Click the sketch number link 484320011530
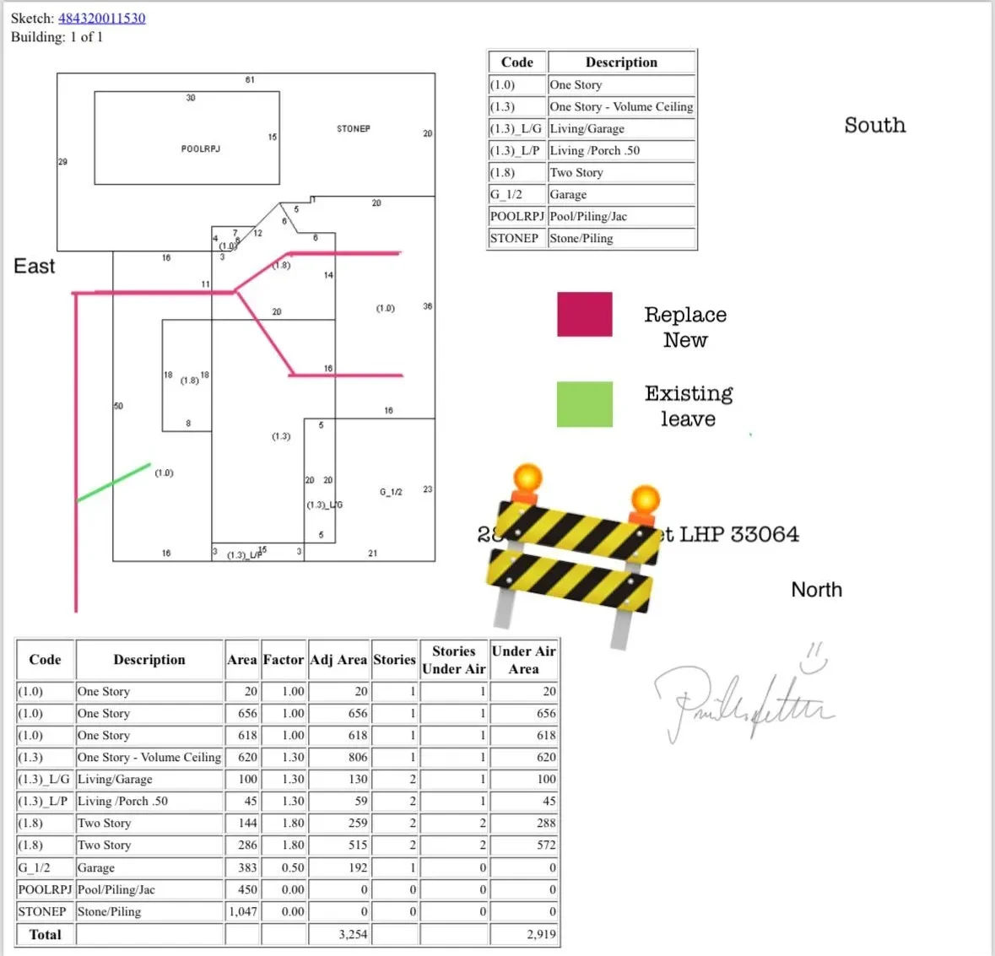(x=101, y=18)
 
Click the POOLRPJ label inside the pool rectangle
(x=200, y=149)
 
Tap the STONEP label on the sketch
(x=353, y=129)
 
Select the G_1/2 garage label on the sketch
(x=391, y=491)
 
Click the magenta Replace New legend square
(x=584, y=315)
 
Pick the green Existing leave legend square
(x=584, y=404)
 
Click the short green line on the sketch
(x=114, y=483)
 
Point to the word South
(x=874, y=126)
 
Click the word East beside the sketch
(x=34, y=267)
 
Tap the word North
(x=816, y=590)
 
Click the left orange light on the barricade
(x=527, y=478)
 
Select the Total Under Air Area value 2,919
(x=541, y=934)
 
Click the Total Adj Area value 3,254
(x=353, y=934)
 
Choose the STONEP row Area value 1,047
(x=243, y=911)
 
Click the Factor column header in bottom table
(x=283, y=660)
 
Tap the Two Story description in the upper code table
(x=576, y=172)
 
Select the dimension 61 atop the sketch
(x=250, y=80)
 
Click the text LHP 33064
(x=738, y=534)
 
